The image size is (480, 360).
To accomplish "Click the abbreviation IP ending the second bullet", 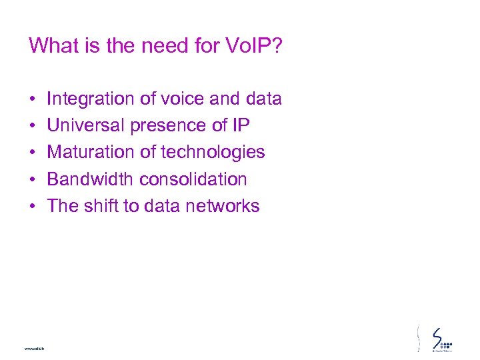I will click(x=241, y=126).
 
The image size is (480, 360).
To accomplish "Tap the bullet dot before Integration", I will click(x=33, y=100).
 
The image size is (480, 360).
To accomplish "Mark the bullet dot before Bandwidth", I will click(x=33, y=180).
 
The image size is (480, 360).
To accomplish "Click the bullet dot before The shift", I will click(x=33, y=207).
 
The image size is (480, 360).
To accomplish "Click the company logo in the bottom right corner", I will click(x=441, y=338).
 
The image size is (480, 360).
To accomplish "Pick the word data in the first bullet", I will click(x=263, y=99).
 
